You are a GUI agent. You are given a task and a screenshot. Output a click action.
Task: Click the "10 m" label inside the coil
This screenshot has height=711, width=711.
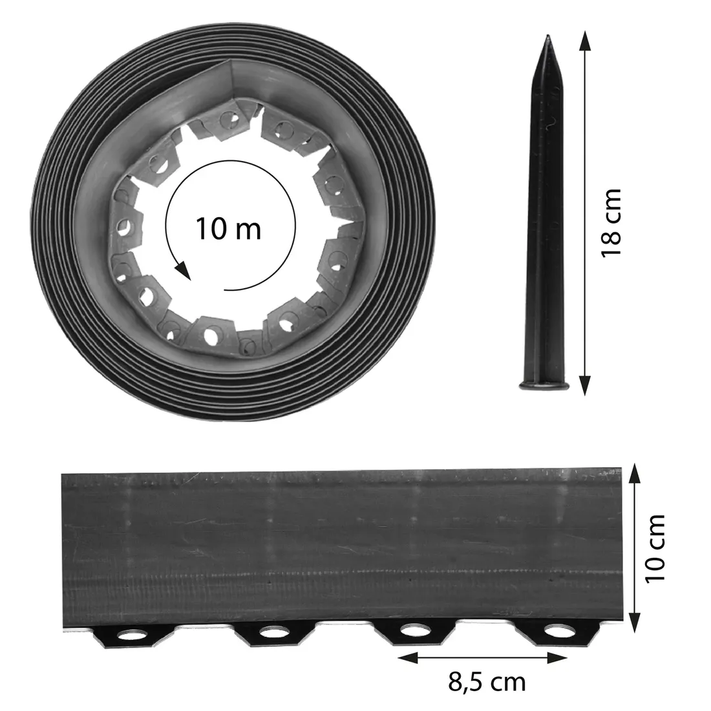click(228, 228)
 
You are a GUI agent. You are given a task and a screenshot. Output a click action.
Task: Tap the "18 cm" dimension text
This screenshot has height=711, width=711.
click(610, 222)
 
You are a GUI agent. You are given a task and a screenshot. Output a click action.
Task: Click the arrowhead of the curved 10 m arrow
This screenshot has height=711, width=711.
click(185, 271)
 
